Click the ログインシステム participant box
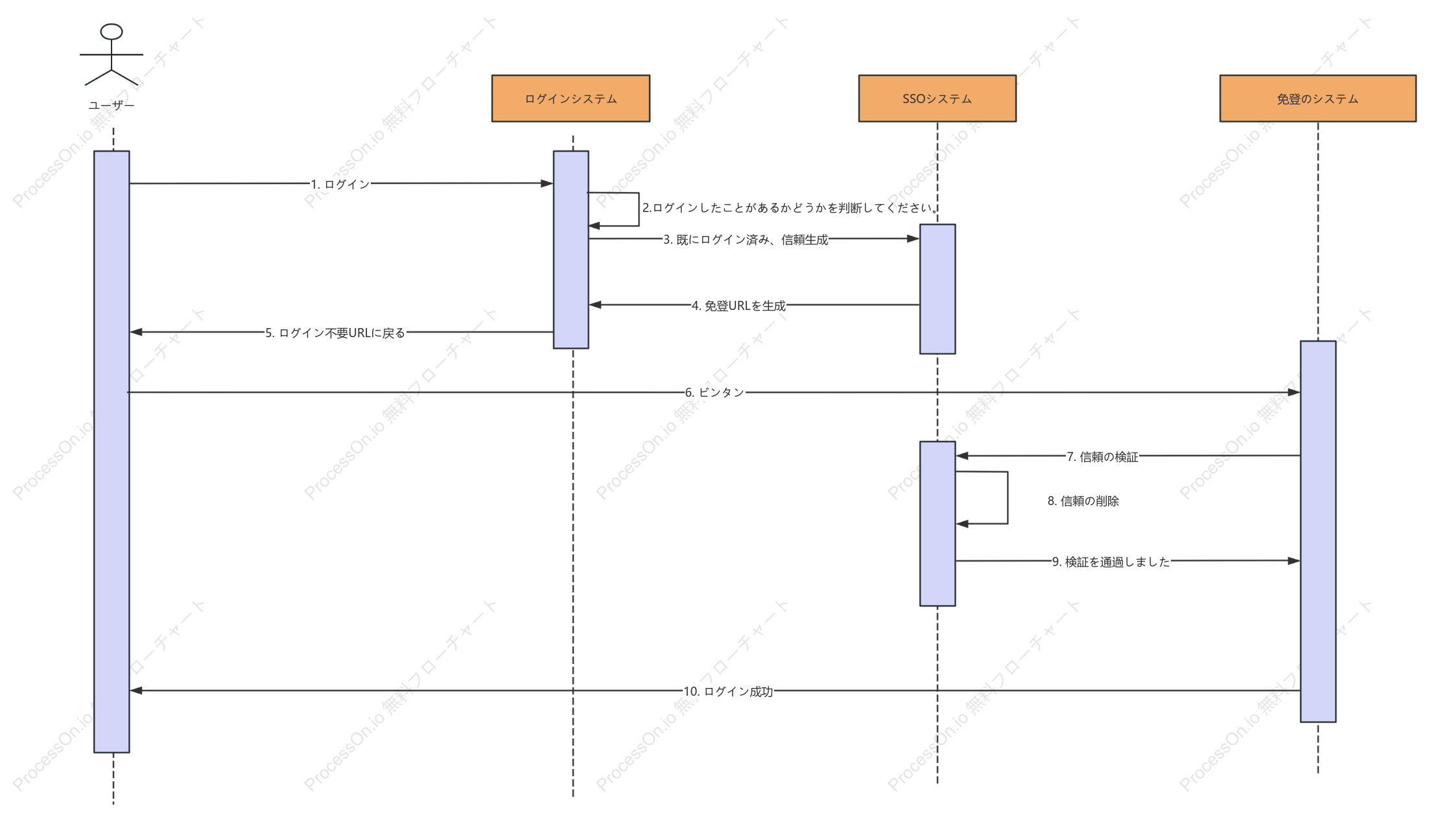[571, 99]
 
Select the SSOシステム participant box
[937, 99]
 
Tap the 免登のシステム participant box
[1317, 99]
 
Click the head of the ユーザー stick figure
[112, 32]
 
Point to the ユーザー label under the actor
[112, 105]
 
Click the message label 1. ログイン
[340, 184]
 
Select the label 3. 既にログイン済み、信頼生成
[746, 240]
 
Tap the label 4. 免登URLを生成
[738, 305]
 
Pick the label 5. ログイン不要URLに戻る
[335, 333]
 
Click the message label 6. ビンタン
[714, 392]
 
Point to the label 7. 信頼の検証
[1102, 457]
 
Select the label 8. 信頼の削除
[1083, 501]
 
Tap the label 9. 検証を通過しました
[1111, 562]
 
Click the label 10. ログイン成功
[728, 691]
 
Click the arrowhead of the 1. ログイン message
[547, 183]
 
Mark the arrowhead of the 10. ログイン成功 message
[136, 691]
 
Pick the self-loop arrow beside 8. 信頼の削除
[1008, 498]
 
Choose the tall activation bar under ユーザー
[112, 451]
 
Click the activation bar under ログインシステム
[571, 250]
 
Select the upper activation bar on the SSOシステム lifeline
[937, 289]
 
